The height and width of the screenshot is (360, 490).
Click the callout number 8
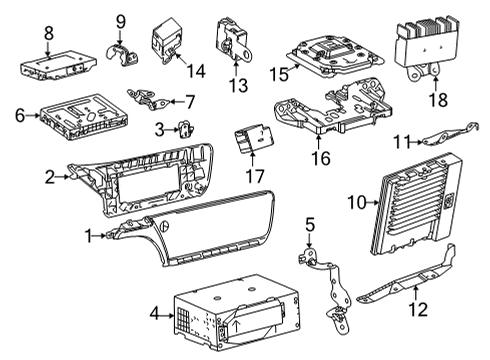pos(47,34)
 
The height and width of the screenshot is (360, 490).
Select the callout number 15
pos(277,73)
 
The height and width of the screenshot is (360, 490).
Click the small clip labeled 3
pos(185,128)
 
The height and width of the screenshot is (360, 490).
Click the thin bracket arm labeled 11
pos(440,136)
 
